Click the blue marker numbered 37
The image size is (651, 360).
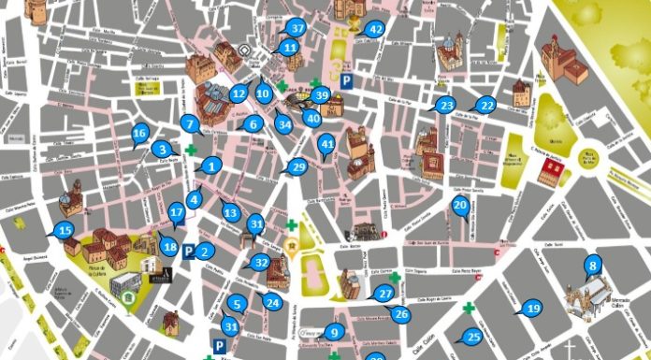point(297,28)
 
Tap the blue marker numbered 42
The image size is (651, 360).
point(375,29)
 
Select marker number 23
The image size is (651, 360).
point(446,105)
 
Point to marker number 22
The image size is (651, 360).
point(485,105)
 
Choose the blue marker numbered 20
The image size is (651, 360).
point(460,205)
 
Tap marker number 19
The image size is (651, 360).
point(532,308)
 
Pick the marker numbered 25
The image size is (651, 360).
point(473,337)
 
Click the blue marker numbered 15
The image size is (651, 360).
point(64,230)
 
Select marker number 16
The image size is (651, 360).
point(140,134)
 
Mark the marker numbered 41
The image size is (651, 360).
point(326,144)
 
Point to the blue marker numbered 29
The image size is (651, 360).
point(298,167)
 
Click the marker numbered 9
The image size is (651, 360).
point(334,331)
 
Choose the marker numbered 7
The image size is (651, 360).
point(190,122)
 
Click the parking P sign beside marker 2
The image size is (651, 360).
point(189,252)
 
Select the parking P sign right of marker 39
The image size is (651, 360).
point(347,82)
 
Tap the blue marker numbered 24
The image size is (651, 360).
point(273,302)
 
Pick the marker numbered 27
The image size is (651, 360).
point(384,294)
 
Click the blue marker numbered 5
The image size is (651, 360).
point(238,303)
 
